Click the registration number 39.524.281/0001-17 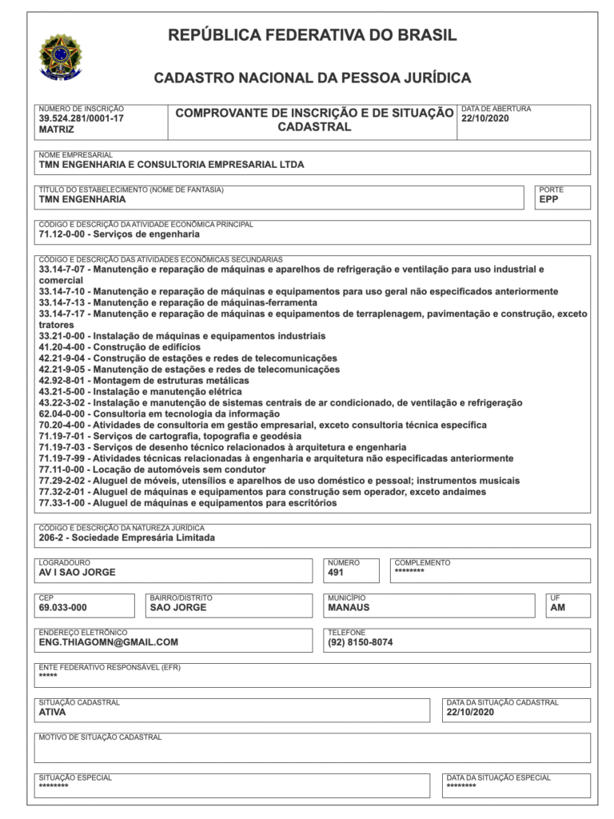coord(81,118)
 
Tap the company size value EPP coord(548,200)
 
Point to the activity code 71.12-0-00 coord(63,235)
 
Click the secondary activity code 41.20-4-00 coord(63,347)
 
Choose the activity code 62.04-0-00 coord(63,414)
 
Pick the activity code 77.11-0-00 coord(63,470)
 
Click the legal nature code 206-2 coord(52,538)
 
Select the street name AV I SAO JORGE coord(77,573)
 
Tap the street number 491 coord(336,573)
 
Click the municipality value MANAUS coord(349,608)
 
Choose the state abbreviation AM coord(557,608)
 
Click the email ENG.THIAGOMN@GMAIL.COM coord(108,642)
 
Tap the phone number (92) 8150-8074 coord(360,642)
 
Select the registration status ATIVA coord(52,712)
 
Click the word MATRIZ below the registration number coord(56,129)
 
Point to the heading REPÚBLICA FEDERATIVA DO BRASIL coord(312,35)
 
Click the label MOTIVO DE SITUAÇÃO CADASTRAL coord(100,737)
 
